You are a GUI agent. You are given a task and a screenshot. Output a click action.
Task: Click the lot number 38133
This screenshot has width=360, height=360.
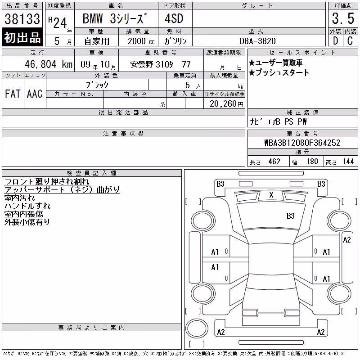pos(22,19)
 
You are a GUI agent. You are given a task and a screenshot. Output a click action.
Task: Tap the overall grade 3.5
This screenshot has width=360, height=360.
pos(343,18)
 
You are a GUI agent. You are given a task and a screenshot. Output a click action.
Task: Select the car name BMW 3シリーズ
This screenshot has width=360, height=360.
pos(115,18)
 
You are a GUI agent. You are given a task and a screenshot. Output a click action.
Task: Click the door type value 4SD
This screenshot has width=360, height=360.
pos(174,18)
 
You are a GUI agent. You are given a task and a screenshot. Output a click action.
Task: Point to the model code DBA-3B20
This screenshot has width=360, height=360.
pos(257,41)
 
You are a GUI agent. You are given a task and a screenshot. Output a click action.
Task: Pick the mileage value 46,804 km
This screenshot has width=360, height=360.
pos(49,64)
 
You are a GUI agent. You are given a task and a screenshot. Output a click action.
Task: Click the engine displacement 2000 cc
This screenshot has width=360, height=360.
pos(141,41)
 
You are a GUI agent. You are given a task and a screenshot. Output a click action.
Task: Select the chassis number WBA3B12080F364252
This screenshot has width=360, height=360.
pos(302,143)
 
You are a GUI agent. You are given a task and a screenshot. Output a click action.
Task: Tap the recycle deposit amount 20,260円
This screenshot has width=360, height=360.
pos(226,104)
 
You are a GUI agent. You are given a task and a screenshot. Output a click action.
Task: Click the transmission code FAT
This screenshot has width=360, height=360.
pos(13,94)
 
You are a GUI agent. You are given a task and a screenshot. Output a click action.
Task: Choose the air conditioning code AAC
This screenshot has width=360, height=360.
pos(35,94)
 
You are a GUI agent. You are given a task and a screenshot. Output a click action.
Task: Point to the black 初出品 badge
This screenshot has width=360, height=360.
pos(22,37)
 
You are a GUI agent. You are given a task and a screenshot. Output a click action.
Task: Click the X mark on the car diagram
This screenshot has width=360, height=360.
pos(271,195)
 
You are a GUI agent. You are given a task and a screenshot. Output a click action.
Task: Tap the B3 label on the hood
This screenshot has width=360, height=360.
pos(290,216)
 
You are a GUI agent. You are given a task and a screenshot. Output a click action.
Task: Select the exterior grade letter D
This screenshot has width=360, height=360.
pos(335,41)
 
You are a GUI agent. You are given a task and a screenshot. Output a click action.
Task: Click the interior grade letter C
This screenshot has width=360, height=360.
pos(350,41)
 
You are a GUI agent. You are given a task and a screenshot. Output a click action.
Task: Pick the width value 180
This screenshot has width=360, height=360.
pos(312,162)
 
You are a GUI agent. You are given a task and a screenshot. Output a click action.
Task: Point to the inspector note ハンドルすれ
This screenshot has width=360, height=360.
pos(27,206)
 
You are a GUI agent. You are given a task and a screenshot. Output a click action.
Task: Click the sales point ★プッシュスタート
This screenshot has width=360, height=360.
pos(279,72)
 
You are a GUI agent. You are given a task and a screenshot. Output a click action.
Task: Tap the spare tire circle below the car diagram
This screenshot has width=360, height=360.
pos(197,328)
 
